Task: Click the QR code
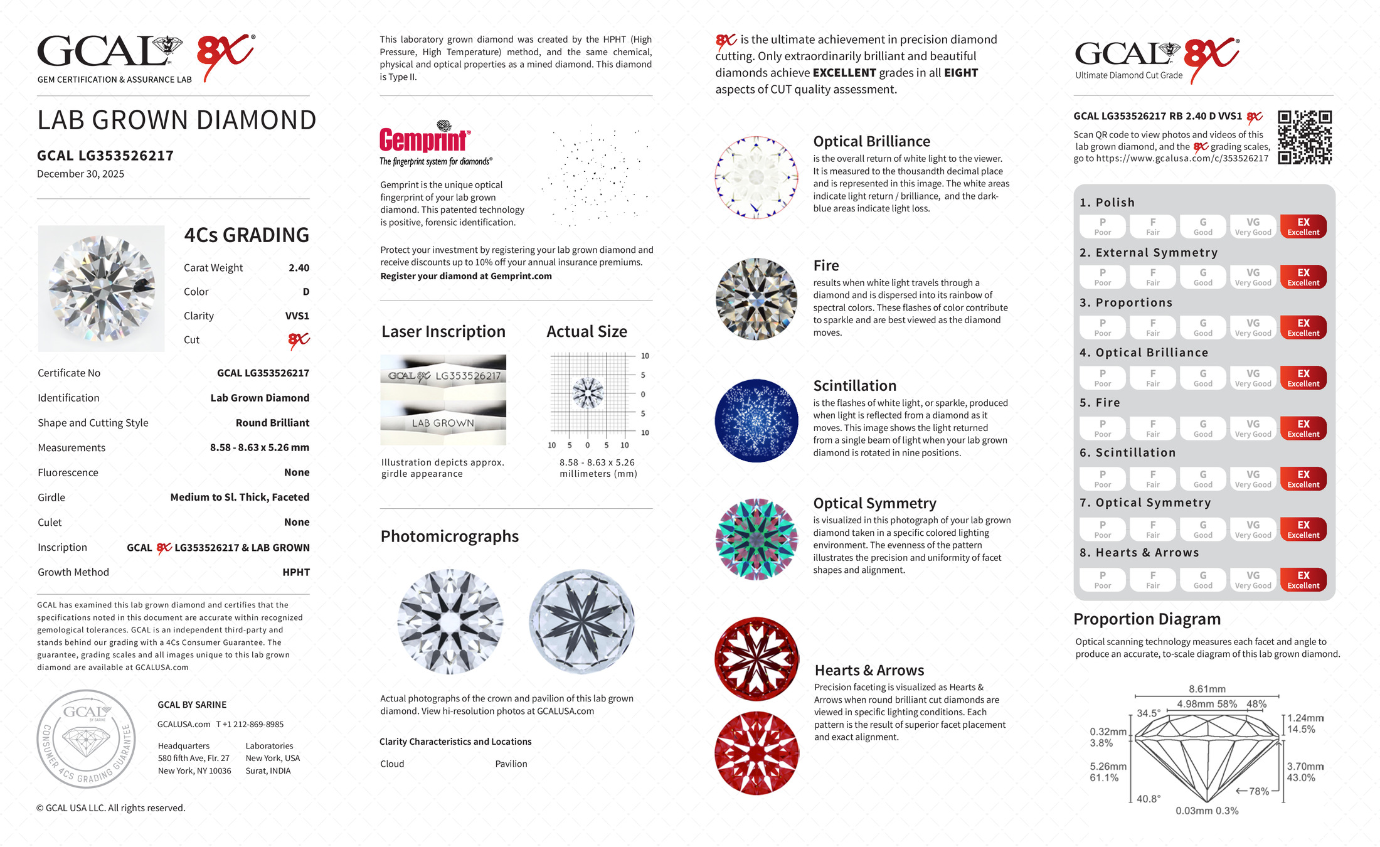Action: point(1304,137)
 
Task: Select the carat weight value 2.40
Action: point(299,268)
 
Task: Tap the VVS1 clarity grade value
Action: point(297,316)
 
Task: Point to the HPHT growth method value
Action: point(295,572)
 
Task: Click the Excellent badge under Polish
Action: point(1303,226)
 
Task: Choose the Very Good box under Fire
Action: point(1253,429)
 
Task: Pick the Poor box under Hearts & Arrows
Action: point(1102,580)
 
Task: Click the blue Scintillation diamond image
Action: point(756,420)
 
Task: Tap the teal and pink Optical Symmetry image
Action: point(756,539)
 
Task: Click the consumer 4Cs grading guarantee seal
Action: point(86,738)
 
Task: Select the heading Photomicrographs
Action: point(449,536)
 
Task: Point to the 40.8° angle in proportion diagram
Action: point(1148,799)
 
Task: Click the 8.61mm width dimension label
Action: point(1206,689)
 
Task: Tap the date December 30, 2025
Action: point(80,174)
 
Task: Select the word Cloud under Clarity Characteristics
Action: point(392,764)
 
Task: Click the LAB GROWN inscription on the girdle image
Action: point(443,423)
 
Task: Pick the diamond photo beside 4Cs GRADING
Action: point(102,289)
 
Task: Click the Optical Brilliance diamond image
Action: point(756,178)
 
